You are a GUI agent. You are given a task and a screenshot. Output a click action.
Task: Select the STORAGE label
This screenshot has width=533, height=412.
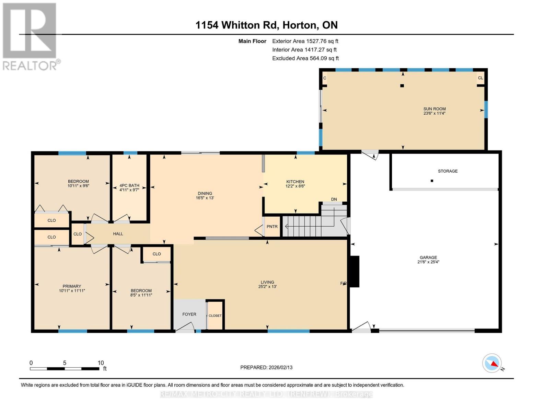(x=448, y=171)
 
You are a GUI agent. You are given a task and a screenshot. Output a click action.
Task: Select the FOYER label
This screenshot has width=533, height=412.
(x=189, y=314)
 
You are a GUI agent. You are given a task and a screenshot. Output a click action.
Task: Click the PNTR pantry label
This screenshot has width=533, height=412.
(x=272, y=227)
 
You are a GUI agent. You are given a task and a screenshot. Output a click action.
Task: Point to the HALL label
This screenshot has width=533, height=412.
(x=118, y=234)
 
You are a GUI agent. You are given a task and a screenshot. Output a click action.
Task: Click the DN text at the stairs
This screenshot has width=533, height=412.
(x=334, y=199)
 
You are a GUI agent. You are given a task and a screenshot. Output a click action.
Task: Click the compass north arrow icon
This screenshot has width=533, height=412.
(x=492, y=363)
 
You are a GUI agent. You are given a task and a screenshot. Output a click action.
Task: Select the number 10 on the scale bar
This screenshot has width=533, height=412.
(x=101, y=363)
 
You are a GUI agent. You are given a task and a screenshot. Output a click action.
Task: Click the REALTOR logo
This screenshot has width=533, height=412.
(x=30, y=36)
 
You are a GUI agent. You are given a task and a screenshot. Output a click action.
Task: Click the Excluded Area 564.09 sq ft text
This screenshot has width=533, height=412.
(x=305, y=58)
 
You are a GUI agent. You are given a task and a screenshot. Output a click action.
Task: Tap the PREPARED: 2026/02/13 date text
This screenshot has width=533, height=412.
(x=266, y=367)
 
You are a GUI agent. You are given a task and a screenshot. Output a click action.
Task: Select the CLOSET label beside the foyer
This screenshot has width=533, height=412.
(x=215, y=316)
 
